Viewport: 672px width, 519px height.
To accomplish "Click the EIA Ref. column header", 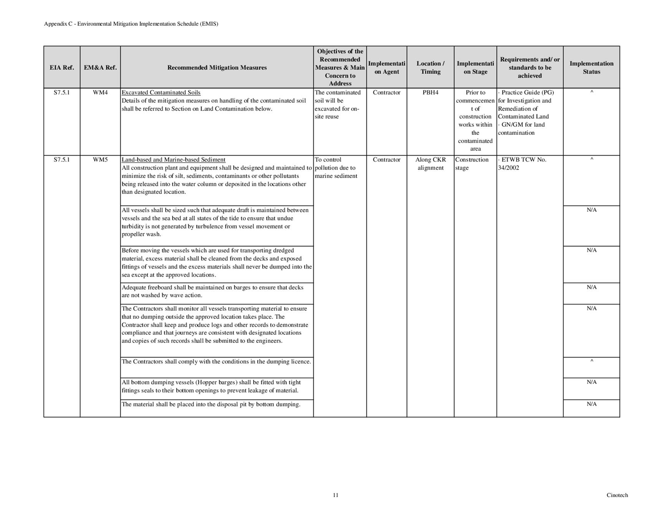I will pos(62,68).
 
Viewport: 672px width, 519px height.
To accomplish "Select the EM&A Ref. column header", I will pos(100,68).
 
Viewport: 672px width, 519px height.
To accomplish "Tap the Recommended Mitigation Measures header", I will pos(217,68).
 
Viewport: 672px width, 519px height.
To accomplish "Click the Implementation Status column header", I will pos(591,68).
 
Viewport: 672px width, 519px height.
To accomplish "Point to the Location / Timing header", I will pos(430,68).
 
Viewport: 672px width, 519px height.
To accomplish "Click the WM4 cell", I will pos(100,93).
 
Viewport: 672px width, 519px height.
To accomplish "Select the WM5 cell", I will pos(100,160).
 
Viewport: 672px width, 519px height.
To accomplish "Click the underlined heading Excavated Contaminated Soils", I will pos(161,93).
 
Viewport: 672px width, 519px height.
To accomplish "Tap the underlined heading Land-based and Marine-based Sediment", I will pos(174,160).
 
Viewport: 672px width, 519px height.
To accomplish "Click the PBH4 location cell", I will pos(430,93).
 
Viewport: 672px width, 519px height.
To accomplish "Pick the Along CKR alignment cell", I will pos(430,164).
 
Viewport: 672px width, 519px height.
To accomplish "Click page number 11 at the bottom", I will pos(336,495).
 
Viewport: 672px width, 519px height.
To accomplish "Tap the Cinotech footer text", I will pos(617,495).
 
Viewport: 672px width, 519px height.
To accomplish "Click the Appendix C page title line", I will pos(131,24).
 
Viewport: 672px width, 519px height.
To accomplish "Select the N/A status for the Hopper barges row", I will pos(591,382).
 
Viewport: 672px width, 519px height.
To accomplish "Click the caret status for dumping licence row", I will pos(591,361).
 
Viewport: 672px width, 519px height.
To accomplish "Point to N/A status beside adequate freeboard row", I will pos(591,287).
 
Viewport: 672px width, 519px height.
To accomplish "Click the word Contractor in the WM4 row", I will pos(386,93).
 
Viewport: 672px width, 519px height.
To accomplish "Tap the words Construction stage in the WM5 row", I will pos(472,164).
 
